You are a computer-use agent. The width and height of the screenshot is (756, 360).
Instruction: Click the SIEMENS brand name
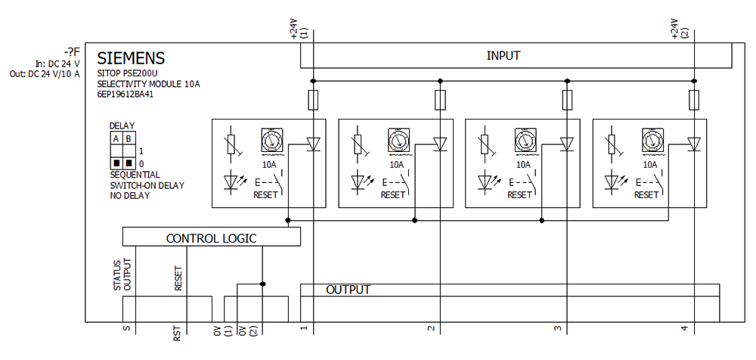coord(132,58)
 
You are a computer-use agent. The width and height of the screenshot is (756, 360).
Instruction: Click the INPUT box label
coord(503,55)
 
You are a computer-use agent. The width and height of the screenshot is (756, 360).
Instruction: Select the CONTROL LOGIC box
coord(211,238)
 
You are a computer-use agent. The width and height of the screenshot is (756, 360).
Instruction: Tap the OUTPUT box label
coord(348,290)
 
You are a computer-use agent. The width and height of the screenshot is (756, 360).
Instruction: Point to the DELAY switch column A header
coord(116,139)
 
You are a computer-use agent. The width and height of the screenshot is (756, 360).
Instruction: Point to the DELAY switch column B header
coord(129,139)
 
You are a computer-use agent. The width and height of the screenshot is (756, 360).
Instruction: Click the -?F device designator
coord(71,51)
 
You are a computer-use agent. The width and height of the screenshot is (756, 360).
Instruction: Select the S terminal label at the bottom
coord(125,330)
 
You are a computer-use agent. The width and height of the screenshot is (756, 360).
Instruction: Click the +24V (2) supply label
coord(678,30)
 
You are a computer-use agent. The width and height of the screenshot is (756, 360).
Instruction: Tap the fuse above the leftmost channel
coord(313,100)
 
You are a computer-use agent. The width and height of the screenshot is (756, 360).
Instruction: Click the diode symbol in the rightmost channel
coord(694,144)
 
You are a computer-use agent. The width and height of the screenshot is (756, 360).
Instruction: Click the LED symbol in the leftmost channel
coord(231,182)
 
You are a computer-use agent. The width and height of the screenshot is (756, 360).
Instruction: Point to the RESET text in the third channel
coord(519,194)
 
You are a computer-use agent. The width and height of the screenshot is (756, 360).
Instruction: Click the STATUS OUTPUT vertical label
coord(122,274)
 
